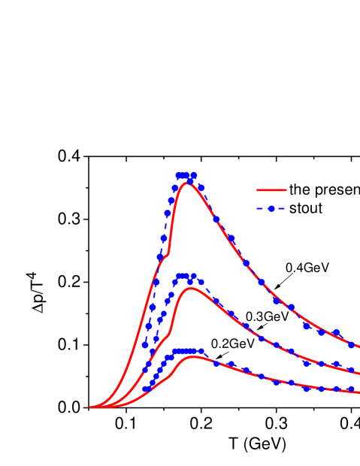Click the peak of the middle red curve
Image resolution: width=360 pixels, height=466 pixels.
[x=192, y=288]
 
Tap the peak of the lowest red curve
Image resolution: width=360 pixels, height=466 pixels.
[x=195, y=356]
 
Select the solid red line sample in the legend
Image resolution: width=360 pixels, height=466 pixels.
[x=271, y=190]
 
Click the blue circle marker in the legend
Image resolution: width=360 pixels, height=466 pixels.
[x=271, y=208]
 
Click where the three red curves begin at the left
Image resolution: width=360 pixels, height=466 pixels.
[x=91, y=407]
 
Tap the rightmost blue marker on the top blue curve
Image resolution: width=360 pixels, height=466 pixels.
[x=351, y=344]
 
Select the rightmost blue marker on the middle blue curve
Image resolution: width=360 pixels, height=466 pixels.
[x=351, y=370]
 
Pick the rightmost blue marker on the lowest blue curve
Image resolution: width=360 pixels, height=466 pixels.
[x=351, y=389]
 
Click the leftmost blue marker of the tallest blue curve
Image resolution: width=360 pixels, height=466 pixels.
[x=145, y=344]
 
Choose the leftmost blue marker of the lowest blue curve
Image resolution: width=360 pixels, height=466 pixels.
[x=145, y=389]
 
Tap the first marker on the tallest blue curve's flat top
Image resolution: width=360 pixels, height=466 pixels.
[x=179, y=175]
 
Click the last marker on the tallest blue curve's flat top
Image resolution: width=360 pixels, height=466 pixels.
[x=194, y=175]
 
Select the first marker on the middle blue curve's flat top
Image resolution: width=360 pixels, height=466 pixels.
[x=179, y=277]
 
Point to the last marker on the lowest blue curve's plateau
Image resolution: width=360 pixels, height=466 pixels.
[x=201, y=351]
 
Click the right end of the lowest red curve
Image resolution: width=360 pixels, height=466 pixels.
[x=358, y=392]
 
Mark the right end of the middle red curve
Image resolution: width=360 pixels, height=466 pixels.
[x=358, y=374]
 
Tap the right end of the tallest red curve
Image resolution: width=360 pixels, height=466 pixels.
[x=358, y=348]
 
